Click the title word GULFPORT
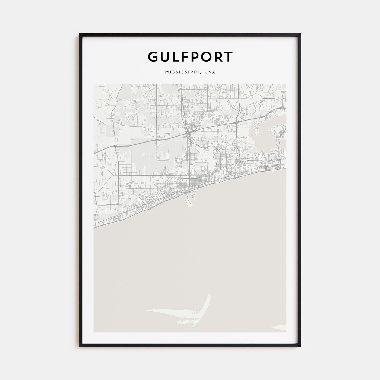(190, 57)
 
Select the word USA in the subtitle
(210, 72)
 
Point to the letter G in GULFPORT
(153, 57)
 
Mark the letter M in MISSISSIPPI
(166, 72)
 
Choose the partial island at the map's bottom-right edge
(280, 327)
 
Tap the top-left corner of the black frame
(80, 34)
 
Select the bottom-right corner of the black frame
(300, 346)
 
